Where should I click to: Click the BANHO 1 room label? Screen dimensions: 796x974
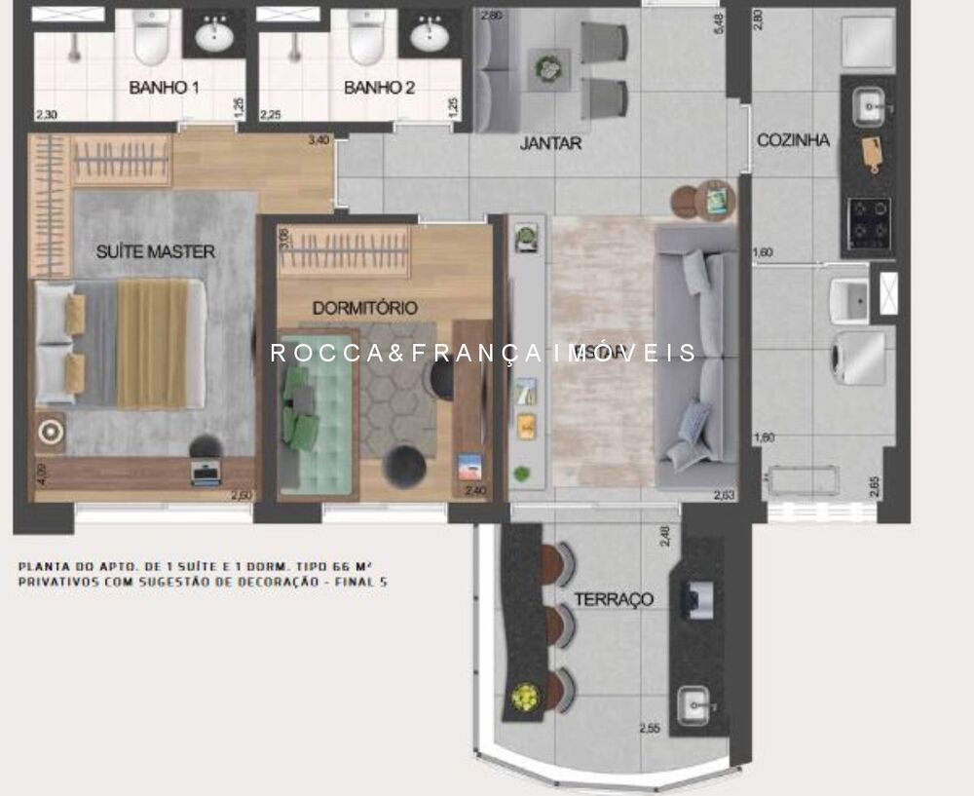point(164,88)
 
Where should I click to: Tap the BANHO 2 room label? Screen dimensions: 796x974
point(379,88)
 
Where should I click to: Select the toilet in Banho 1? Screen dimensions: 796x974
point(151,37)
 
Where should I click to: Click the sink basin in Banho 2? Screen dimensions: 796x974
point(429,36)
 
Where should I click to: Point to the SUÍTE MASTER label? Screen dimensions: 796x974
point(155,251)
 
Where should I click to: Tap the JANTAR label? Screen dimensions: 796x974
point(550,144)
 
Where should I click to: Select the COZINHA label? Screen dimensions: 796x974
point(793,140)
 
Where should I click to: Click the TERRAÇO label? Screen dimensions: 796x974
point(613,599)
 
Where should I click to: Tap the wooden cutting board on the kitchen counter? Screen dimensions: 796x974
point(871,154)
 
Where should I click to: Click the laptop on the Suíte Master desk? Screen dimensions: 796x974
point(206,474)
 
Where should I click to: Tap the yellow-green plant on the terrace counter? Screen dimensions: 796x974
point(525,697)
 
